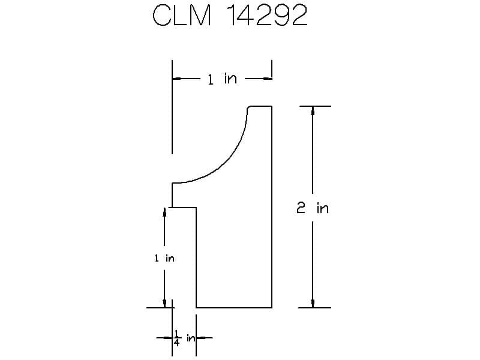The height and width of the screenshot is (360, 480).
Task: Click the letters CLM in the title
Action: pyautogui.click(x=182, y=15)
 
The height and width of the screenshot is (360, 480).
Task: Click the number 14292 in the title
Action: pyautogui.click(x=267, y=15)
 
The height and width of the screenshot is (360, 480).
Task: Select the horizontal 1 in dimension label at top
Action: pyautogui.click(x=222, y=79)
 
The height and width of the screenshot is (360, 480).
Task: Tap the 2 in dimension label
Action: pyautogui.click(x=313, y=208)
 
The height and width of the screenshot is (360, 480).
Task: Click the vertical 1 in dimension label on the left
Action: pyautogui.click(x=164, y=258)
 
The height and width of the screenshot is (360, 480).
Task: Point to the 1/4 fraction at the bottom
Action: pyautogui.click(x=176, y=338)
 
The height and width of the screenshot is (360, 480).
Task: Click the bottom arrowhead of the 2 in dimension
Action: pyautogui.click(x=313, y=303)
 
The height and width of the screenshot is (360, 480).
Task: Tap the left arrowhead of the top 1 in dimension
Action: pyautogui.click(x=176, y=79)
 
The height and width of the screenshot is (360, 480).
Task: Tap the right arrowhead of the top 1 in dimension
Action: pyautogui.click(x=267, y=79)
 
